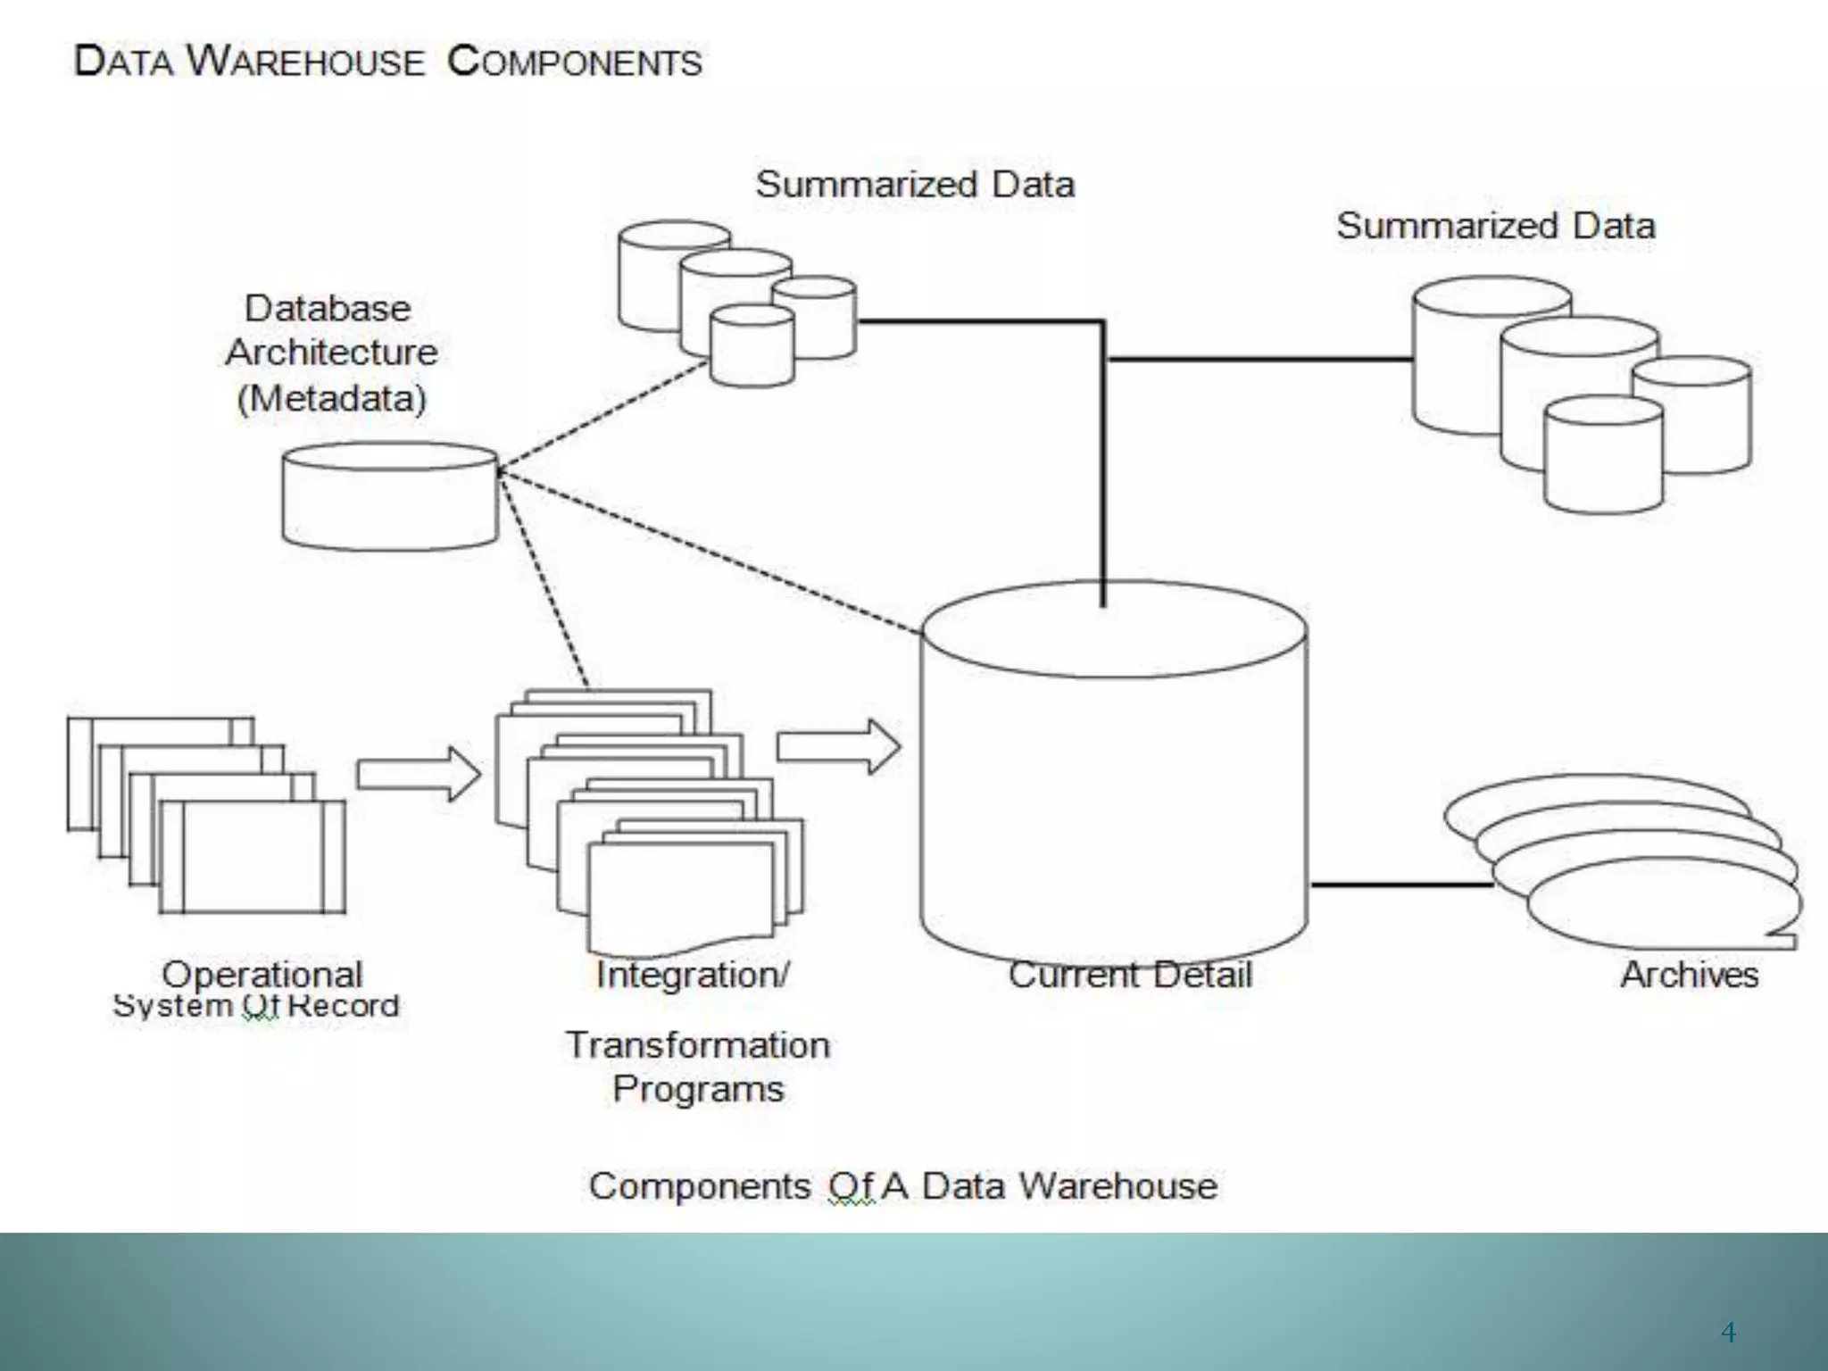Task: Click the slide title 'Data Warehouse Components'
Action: click(x=387, y=62)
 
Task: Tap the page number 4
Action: click(x=1728, y=1333)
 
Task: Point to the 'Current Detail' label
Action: click(x=1130, y=975)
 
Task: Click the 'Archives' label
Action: click(x=1689, y=975)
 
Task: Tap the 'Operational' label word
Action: click(x=262, y=974)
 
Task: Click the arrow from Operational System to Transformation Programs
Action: click(x=418, y=774)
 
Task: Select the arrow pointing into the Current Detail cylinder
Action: click(x=837, y=746)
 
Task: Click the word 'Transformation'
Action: click(x=698, y=1045)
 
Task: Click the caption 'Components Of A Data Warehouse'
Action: click(x=902, y=1186)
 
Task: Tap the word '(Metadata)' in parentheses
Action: click(x=332, y=398)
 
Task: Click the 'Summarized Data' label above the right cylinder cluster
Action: click(x=1495, y=226)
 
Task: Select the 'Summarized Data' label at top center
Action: click(x=915, y=185)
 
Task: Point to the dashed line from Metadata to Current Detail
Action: click(x=714, y=553)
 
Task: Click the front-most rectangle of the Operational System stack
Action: click(x=253, y=857)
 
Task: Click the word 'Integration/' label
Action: click(x=693, y=975)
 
